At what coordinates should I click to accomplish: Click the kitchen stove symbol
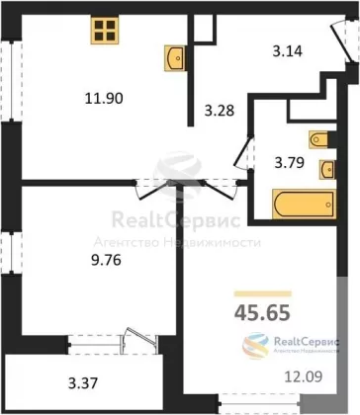[x=105, y=31]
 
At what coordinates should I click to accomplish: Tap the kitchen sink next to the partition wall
[x=175, y=58]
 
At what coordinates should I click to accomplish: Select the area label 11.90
[x=104, y=98]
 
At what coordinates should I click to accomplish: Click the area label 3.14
[x=288, y=51]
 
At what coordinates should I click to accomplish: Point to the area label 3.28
[x=220, y=111]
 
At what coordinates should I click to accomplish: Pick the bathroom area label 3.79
[x=290, y=163]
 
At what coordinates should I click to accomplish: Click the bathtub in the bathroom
[x=304, y=205]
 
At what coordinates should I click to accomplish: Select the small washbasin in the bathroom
[x=327, y=170]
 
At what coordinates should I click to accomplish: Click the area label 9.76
[x=106, y=261]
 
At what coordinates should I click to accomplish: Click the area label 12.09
[x=304, y=376]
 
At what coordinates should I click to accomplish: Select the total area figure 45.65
[x=262, y=312]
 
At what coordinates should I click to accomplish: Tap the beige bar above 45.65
[x=263, y=293]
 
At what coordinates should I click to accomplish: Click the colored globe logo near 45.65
[x=256, y=346]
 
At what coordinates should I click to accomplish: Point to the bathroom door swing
[x=243, y=153]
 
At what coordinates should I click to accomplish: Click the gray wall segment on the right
[x=342, y=339]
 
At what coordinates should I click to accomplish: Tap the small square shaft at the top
[x=203, y=29]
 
